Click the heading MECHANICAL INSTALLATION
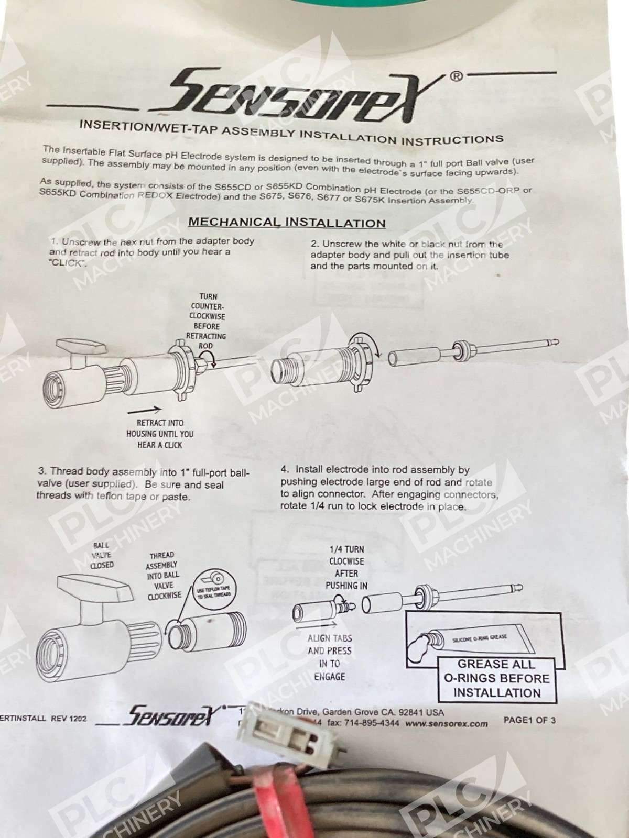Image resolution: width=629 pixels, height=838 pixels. pyautogui.click(x=287, y=222)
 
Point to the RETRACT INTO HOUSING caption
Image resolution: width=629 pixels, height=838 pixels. pyautogui.click(x=159, y=434)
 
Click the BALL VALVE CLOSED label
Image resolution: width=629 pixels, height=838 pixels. pyautogui.click(x=102, y=555)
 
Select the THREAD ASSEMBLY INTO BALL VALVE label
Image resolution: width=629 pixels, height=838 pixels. pyautogui.click(x=162, y=575)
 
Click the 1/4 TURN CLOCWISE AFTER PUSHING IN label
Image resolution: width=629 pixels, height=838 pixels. pyautogui.click(x=345, y=567)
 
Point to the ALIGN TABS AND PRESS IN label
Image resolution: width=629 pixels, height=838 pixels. pyautogui.click(x=330, y=657)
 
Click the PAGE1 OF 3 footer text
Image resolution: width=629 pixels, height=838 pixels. pyautogui.click(x=529, y=720)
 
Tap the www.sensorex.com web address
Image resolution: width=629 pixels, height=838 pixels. pyautogui.click(x=446, y=724)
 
